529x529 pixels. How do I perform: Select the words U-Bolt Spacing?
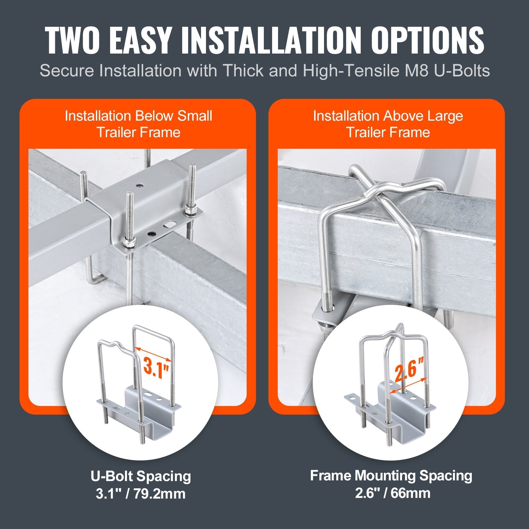[141, 476]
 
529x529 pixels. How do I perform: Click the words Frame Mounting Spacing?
[391, 476]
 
